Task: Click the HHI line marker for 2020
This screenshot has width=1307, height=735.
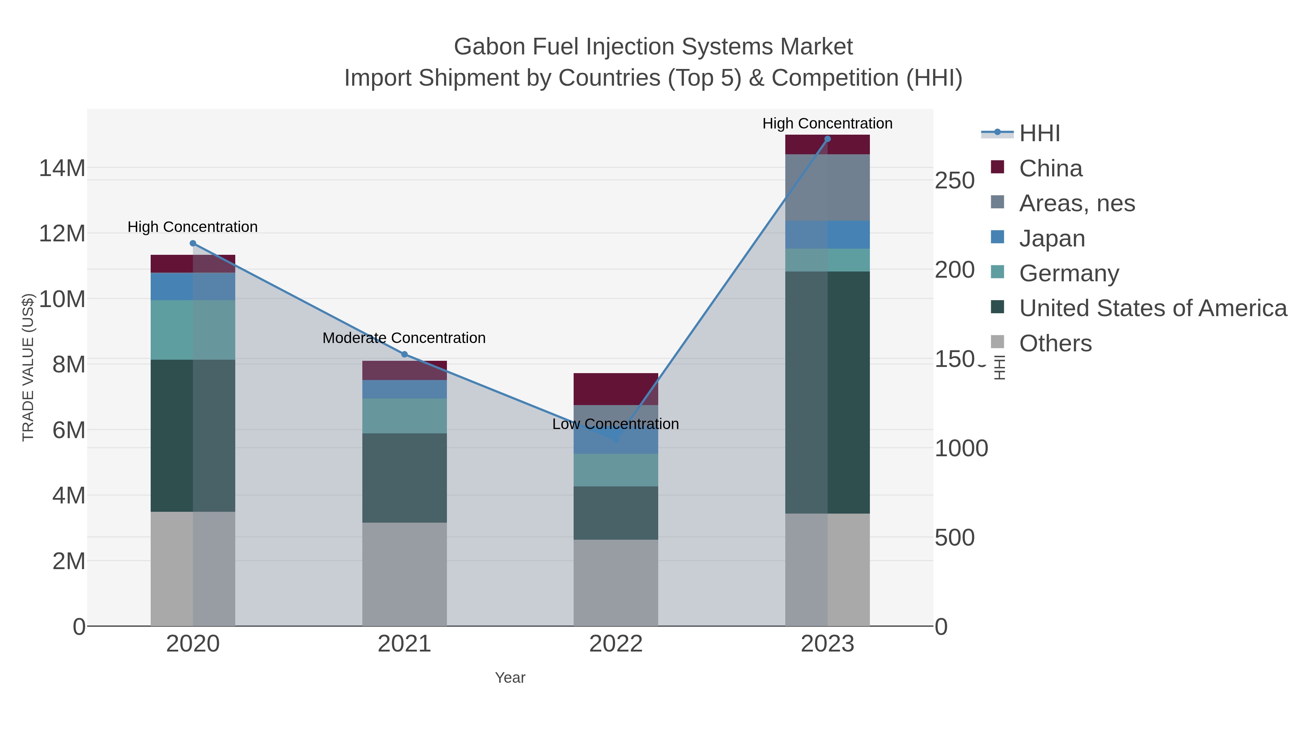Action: coord(193,244)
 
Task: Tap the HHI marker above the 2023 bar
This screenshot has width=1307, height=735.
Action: coord(827,139)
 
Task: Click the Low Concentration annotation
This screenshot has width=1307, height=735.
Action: coord(615,424)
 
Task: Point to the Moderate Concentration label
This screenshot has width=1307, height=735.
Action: coord(404,338)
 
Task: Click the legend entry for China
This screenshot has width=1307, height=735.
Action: coord(1050,168)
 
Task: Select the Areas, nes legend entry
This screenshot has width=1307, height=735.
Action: coord(1077,203)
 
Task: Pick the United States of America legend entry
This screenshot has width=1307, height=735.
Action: coord(1153,309)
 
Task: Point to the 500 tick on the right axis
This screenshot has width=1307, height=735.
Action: coord(954,538)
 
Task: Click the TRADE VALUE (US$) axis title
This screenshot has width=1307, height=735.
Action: coord(28,367)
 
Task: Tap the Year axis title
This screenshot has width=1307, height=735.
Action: coord(510,678)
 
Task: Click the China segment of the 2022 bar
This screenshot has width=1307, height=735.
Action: coord(615,389)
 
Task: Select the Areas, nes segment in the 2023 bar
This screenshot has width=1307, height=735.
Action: coord(827,188)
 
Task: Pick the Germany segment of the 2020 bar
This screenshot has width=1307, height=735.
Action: coord(193,330)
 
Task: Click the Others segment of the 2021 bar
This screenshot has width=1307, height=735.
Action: coord(404,574)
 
